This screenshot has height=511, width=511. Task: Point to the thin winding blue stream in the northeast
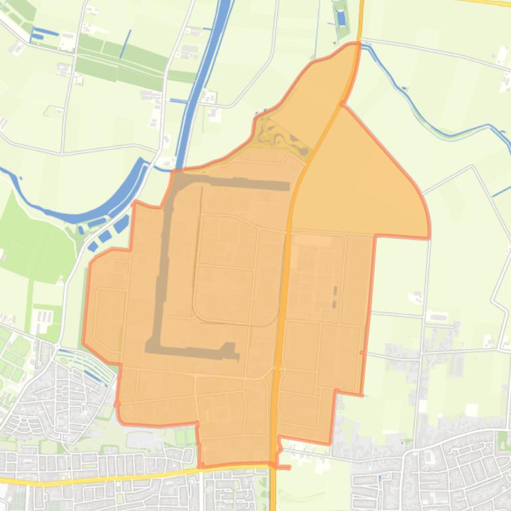coord(425,119)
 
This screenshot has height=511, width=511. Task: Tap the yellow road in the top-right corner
coord(492,2)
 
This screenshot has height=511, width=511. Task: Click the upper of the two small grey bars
coord(335,291)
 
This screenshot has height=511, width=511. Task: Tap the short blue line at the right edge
coord(501,192)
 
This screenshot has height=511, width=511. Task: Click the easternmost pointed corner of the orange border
coord(429,236)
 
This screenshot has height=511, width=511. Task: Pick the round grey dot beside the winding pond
coord(304,151)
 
